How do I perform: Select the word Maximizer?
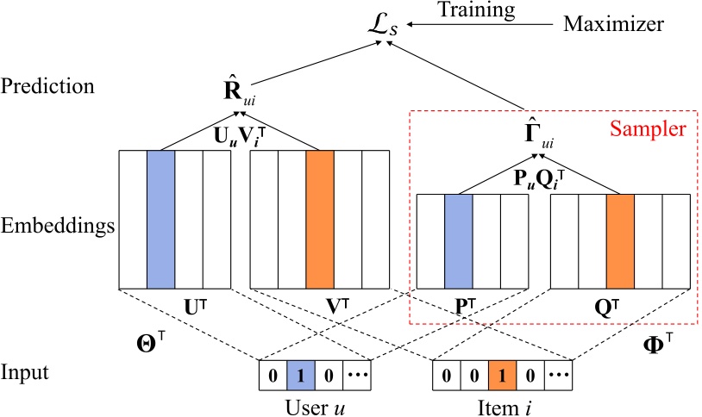(x=613, y=25)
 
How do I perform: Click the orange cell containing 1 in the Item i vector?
(x=502, y=377)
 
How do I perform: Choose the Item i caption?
(x=508, y=404)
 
